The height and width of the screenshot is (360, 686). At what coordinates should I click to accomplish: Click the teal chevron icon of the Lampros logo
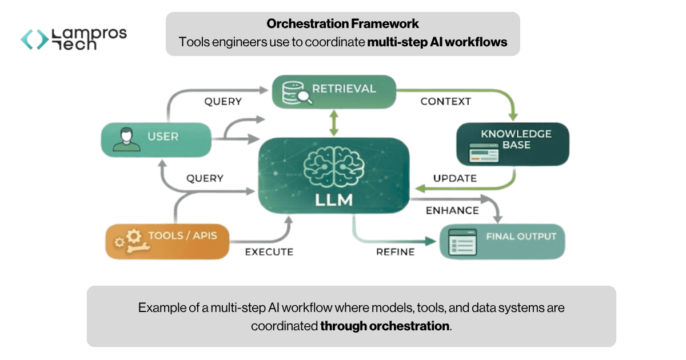tap(35, 39)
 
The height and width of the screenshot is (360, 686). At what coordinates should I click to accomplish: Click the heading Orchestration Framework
tap(342, 24)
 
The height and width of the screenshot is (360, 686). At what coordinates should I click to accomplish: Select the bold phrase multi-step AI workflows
tap(437, 42)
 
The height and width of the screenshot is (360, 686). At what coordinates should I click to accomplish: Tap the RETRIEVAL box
tap(333, 91)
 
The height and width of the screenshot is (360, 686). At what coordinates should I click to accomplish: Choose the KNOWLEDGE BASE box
tap(513, 144)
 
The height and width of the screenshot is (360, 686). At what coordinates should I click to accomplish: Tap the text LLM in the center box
tap(334, 201)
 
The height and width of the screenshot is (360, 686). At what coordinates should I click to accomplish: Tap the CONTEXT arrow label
tap(445, 102)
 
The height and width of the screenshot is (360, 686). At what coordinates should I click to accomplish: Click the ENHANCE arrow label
tap(452, 210)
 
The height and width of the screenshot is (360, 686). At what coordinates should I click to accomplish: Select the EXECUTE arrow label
tap(269, 251)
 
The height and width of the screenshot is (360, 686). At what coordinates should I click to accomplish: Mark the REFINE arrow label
tap(395, 251)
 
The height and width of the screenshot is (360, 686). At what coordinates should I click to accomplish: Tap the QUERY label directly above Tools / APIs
tap(205, 178)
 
